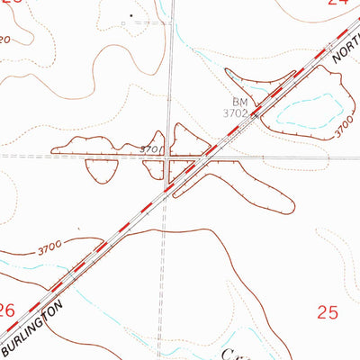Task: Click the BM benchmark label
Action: (x=238, y=102)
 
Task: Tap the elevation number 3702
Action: (x=237, y=113)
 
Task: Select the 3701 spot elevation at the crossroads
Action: (x=151, y=148)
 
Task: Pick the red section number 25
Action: (x=328, y=312)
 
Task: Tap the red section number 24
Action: (x=337, y=3)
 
